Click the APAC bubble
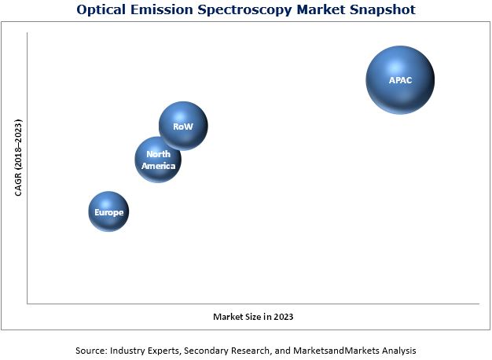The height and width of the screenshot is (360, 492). (x=400, y=80)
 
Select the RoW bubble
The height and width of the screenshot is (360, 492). (x=183, y=126)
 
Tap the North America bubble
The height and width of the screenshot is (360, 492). (x=158, y=160)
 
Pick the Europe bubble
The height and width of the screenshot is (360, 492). (x=108, y=211)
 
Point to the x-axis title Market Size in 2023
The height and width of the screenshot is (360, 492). (x=253, y=316)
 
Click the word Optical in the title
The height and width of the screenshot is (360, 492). (x=101, y=10)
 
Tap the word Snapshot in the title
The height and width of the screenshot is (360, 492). (x=381, y=10)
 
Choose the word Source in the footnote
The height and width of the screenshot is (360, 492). (x=91, y=349)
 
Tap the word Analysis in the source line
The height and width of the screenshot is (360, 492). (x=395, y=349)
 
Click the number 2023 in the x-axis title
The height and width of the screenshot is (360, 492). (x=282, y=316)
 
